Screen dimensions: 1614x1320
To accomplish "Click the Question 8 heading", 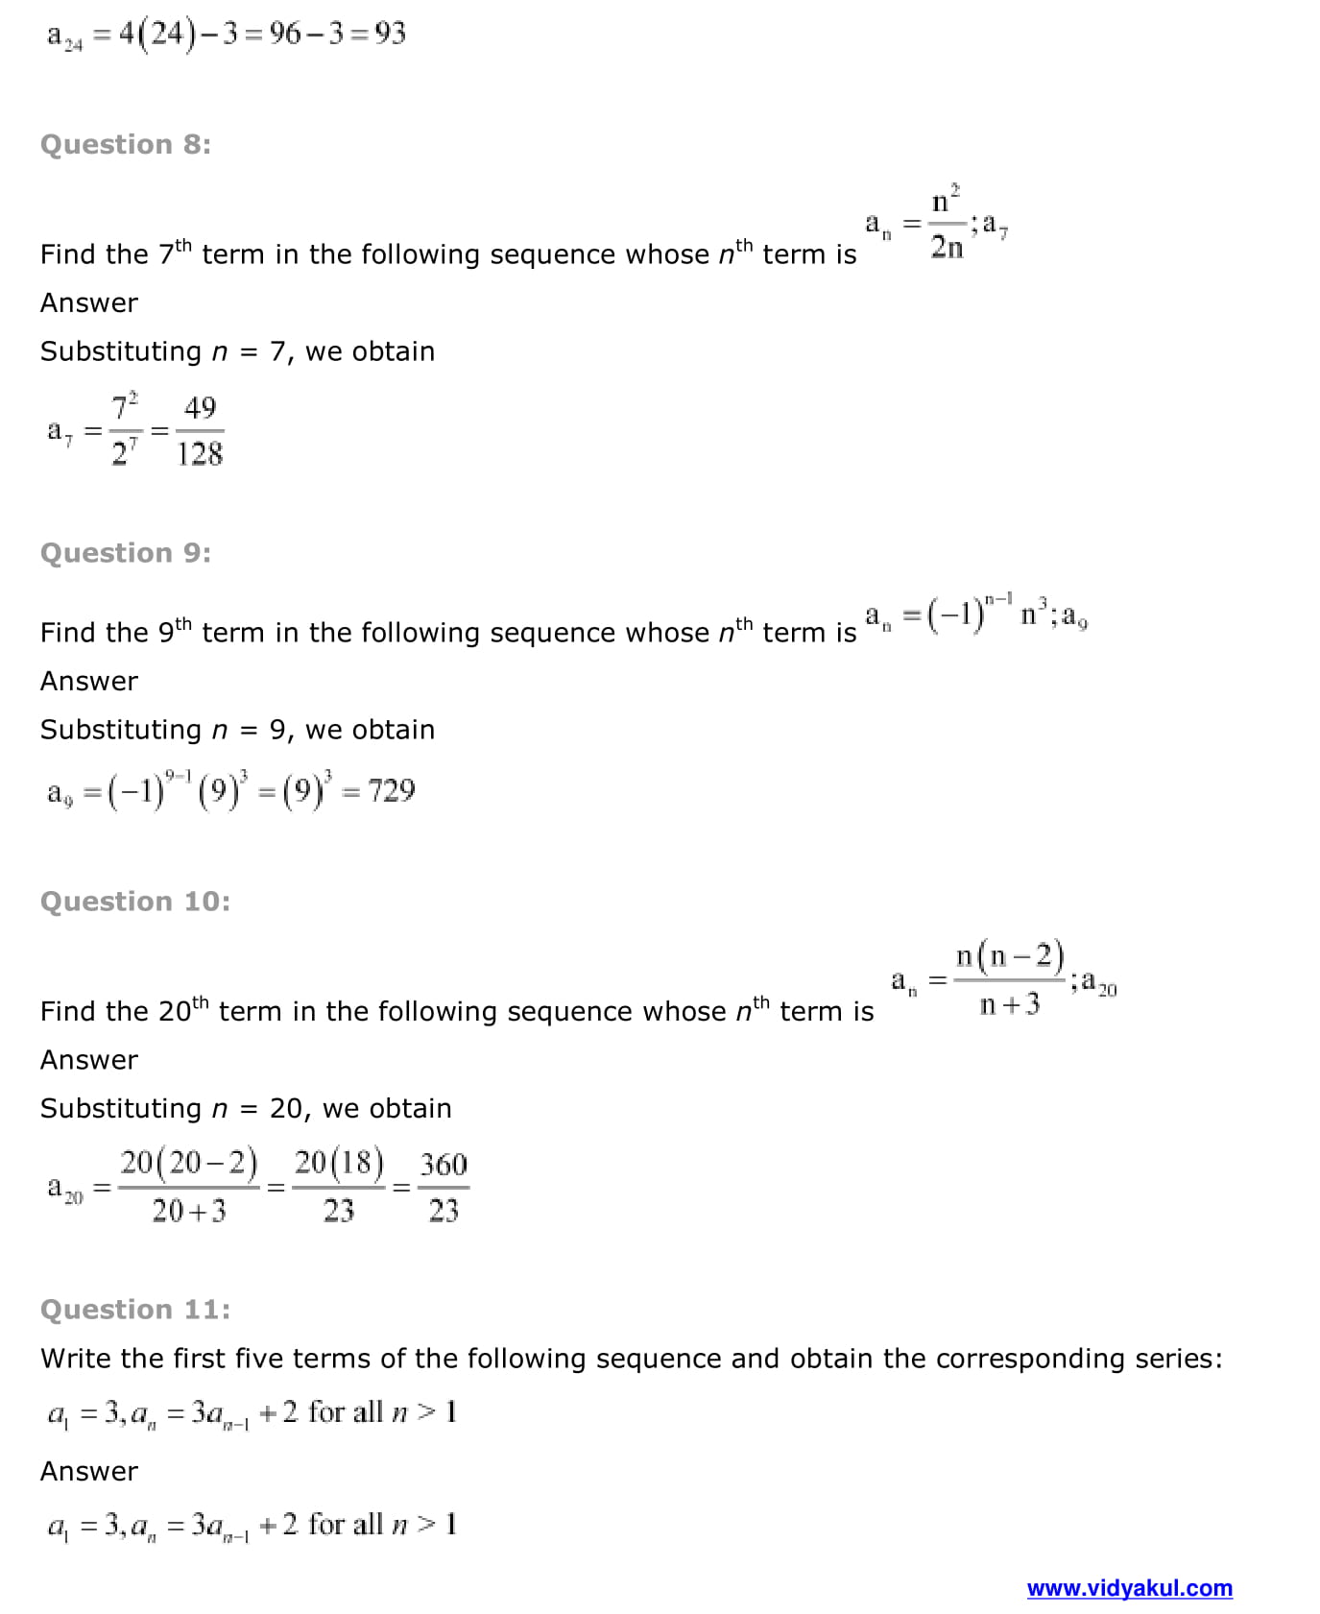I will [x=126, y=144].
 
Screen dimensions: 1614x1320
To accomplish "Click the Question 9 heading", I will [x=126, y=553].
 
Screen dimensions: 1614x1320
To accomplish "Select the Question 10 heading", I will [x=135, y=902].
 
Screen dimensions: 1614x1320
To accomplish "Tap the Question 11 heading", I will [x=135, y=1310].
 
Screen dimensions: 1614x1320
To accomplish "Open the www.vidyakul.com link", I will [x=1129, y=1588].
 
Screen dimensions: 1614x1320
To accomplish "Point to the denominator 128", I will [x=200, y=454].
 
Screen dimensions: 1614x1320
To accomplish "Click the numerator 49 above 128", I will [x=200, y=408].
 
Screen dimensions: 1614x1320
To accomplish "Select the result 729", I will [x=392, y=791].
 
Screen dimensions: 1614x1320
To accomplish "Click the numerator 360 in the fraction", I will [x=444, y=1165].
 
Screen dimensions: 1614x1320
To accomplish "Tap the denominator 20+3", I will [x=189, y=1212].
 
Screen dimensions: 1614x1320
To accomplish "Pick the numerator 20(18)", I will [x=339, y=1164].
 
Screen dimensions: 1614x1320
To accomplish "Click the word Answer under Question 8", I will [x=89, y=303].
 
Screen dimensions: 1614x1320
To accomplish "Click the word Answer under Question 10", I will [x=89, y=1060].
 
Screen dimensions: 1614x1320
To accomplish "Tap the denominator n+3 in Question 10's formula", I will [x=1009, y=1004].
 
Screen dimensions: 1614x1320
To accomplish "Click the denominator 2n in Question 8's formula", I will [x=947, y=248].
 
